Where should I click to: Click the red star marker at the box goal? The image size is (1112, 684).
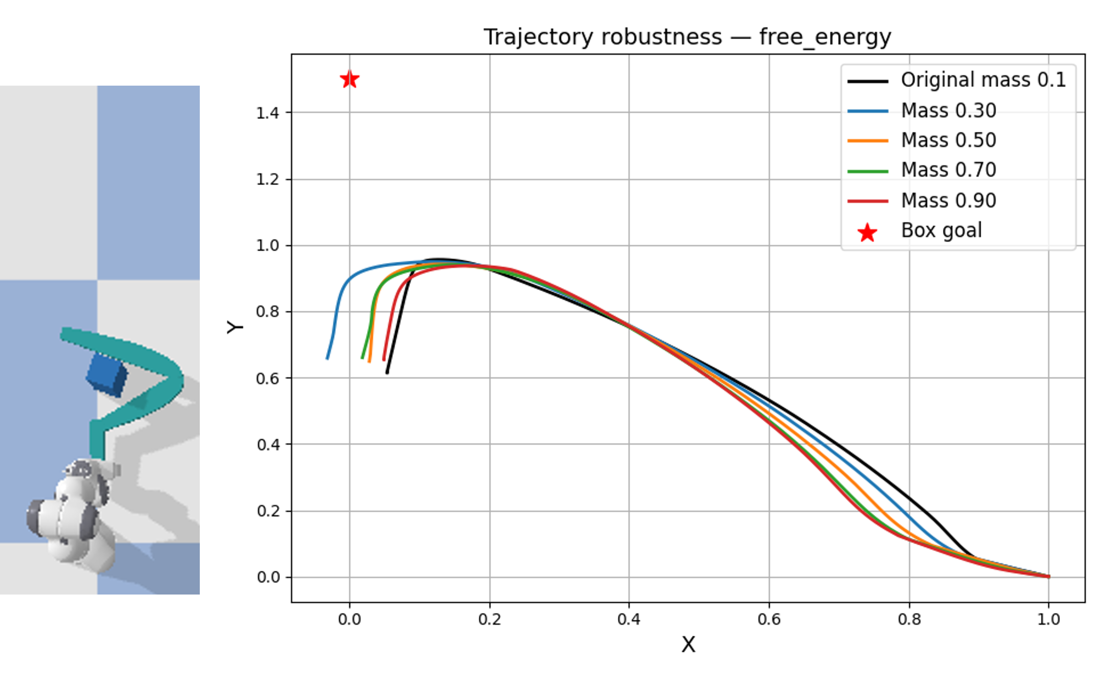tap(350, 80)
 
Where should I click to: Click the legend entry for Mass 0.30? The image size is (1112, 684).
tap(948, 110)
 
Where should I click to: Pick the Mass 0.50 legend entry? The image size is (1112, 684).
tap(948, 140)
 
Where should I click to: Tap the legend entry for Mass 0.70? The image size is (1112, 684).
tap(948, 170)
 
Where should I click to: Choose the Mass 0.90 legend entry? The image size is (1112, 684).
tap(948, 200)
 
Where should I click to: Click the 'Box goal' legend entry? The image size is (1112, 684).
tap(941, 231)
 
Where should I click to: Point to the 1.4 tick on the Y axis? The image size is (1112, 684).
tap(267, 113)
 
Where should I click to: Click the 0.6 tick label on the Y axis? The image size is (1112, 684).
tap(267, 379)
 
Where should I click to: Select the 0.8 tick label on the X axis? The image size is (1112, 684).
tap(909, 620)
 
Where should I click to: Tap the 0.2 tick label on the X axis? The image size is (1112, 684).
tap(490, 620)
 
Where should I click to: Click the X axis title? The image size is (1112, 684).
tap(688, 644)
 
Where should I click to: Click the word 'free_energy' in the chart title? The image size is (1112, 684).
tap(825, 37)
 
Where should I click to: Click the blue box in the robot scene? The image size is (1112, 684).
tap(107, 374)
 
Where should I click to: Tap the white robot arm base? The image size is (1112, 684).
tap(71, 516)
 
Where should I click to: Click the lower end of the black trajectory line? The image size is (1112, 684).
tap(387, 373)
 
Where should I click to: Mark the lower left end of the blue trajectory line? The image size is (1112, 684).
tap(327, 358)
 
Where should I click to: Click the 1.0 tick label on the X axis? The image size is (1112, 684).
tap(1048, 620)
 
